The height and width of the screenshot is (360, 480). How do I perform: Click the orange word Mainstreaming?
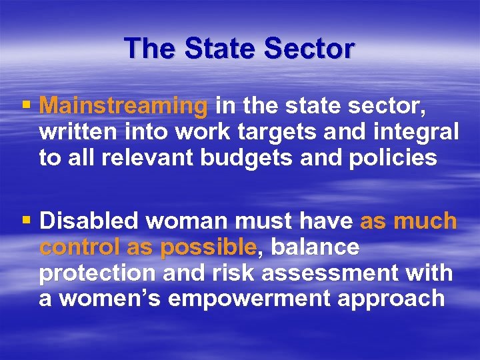(x=124, y=105)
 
